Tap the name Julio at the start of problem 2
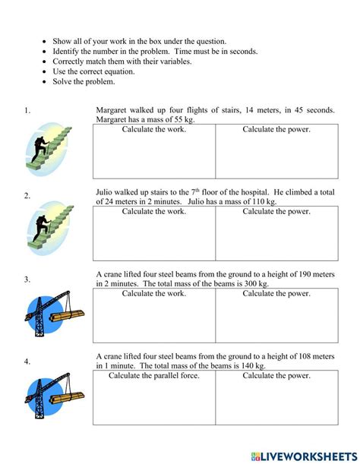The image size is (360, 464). coord(106,192)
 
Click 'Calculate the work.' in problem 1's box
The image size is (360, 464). coord(154,129)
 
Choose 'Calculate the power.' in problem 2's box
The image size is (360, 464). coord(276,211)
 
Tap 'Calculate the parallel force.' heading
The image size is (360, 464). coord(154,375)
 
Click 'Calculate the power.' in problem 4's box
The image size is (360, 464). coord(276,375)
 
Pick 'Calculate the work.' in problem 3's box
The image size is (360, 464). coord(154,293)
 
